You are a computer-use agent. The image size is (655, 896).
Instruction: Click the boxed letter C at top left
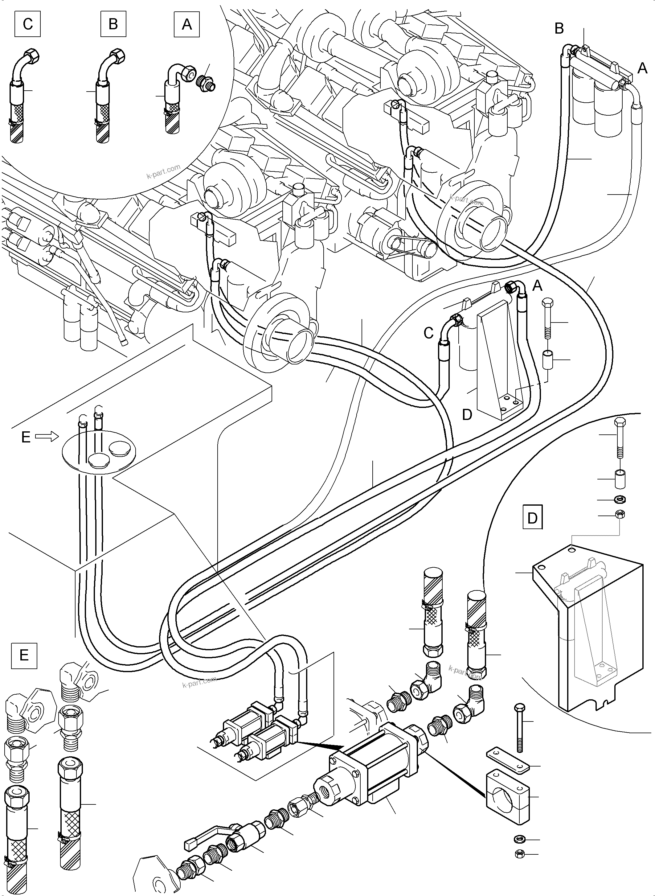tap(27, 24)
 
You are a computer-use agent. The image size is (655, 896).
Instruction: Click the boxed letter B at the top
tap(113, 24)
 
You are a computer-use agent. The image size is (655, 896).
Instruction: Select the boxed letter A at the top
tap(186, 24)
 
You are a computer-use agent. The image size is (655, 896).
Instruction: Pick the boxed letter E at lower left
tap(24, 655)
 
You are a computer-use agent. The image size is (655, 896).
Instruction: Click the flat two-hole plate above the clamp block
tap(507, 761)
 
